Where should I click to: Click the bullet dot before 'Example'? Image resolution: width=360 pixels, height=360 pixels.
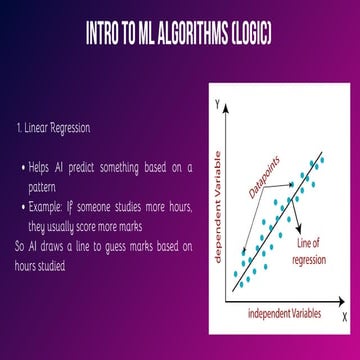tap(25, 206)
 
